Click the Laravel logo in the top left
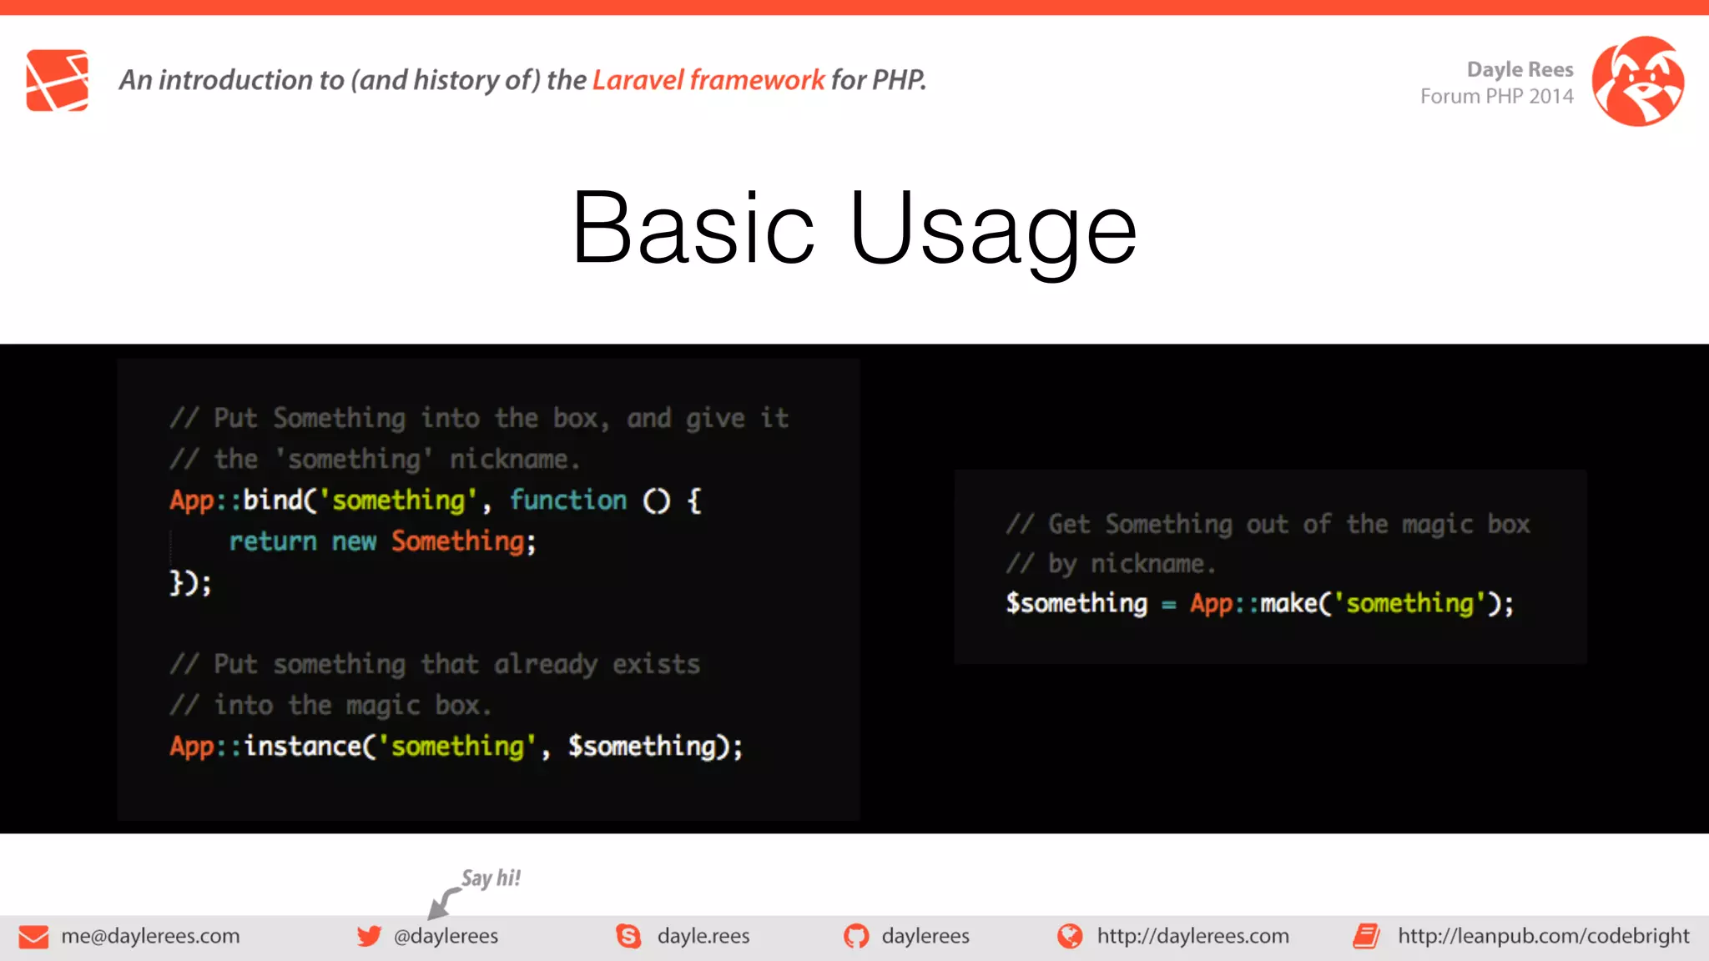tap(57, 80)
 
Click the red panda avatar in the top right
tap(1637, 81)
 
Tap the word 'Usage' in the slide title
tap(993, 229)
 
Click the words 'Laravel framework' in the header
tap(708, 80)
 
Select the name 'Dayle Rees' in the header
tap(1520, 69)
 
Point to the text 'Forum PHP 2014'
tap(1496, 97)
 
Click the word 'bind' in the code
tap(272, 500)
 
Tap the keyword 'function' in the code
tap(567, 500)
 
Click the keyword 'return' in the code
tap(273, 541)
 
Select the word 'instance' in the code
tap(302, 746)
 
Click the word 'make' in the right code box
tap(1288, 603)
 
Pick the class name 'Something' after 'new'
tap(458, 541)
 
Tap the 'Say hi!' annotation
tap(491, 878)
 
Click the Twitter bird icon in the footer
tap(369, 936)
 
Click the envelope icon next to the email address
tap(33, 937)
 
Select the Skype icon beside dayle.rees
tap(628, 936)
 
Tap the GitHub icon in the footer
tap(855, 936)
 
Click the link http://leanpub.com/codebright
tap(1543, 936)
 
